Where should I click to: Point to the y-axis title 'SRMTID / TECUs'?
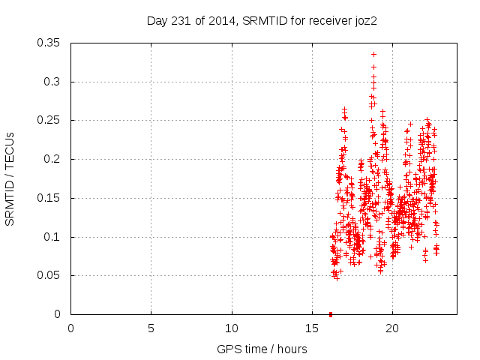[x=10, y=178]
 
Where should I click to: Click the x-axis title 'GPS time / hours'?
[x=263, y=349]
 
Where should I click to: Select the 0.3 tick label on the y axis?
[x=55, y=82]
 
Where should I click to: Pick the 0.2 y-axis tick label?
[x=55, y=159]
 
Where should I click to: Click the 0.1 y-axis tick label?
[x=55, y=237]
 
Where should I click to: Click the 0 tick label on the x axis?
[x=70, y=328]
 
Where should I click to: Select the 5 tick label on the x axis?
[x=151, y=328]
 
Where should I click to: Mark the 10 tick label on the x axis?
[x=232, y=328]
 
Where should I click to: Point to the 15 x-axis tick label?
[x=312, y=328]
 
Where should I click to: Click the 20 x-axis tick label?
[x=392, y=328]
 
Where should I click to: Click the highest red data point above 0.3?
[x=373, y=54]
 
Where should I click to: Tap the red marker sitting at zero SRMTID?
[x=331, y=314]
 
